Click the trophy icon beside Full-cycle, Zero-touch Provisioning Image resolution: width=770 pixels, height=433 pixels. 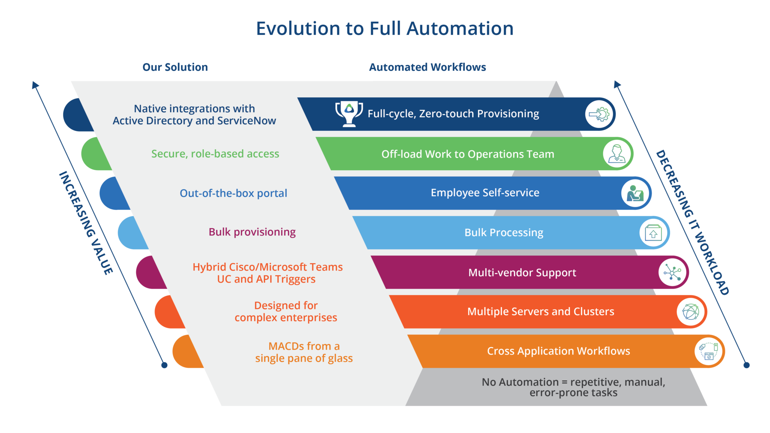click(349, 114)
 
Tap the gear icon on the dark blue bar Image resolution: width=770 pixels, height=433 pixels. click(599, 114)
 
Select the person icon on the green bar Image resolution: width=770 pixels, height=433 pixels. click(617, 154)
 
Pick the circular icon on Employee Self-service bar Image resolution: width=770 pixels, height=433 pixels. click(635, 193)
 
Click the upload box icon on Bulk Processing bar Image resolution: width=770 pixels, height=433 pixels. click(653, 233)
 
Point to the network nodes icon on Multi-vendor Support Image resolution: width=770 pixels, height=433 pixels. click(672, 273)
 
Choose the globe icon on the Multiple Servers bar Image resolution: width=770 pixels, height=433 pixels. click(691, 312)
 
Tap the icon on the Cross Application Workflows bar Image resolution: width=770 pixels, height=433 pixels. click(709, 351)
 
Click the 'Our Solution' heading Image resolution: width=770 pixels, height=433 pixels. click(175, 67)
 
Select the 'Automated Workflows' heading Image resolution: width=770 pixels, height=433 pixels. click(427, 67)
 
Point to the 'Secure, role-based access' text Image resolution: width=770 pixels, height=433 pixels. click(215, 154)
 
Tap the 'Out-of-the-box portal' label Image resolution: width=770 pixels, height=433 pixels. click(233, 193)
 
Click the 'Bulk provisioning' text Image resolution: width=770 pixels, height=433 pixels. click(252, 232)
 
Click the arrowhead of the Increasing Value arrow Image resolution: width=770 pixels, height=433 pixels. click(35, 84)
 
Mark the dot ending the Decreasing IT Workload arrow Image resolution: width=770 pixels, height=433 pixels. click(747, 365)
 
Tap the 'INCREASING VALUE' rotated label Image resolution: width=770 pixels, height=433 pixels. click(86, 223)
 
